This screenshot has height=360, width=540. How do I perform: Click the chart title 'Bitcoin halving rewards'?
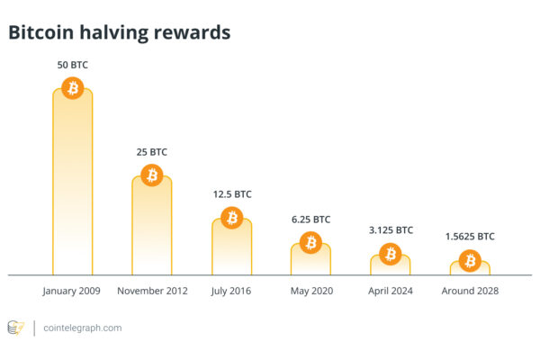coord(120,32)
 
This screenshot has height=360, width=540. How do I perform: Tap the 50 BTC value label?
coord(72,65)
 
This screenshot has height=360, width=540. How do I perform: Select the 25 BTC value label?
coord(151,152)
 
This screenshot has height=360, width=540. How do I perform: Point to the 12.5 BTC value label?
coord(231,194)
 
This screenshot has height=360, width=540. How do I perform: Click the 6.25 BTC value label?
coord(310,220)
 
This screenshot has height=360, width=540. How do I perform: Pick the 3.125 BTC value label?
coord(390,230)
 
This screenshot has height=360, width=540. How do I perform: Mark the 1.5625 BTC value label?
coord(469,237)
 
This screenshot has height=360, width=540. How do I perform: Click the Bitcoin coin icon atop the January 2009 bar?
coord(72,88)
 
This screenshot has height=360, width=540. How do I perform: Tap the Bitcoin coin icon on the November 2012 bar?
coord(151,175)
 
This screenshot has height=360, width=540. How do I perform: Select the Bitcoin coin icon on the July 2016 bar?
coord(231,218)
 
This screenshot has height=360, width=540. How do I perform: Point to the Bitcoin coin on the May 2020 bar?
coord(310,242)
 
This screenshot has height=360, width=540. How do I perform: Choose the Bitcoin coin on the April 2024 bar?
coord(390,255)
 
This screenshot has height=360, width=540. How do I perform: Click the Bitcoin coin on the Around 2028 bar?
coord(469,261)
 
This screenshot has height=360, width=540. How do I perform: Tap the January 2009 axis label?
coord(72,292)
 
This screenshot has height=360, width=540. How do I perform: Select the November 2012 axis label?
coord(151,292)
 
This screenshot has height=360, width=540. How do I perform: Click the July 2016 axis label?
coord(231,292)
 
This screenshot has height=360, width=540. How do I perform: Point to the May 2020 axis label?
coord(310,292)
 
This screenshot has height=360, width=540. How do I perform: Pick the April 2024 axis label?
coord(390,292)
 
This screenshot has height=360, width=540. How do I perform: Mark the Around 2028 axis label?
coord(469,292)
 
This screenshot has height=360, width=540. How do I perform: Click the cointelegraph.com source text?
coord(83,328)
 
